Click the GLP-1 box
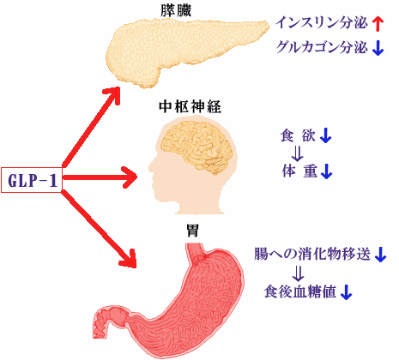pyautogui.click(x=33, y=179)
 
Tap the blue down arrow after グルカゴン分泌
pyautogui.click(x=378, y=49)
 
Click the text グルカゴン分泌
pyautogui.click(x=323, y=49)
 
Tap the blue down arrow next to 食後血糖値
pyautogui.click(x=347, y=292)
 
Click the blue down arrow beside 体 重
pyautogui.click(x=327, y=172)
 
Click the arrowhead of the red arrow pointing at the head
pyautogui.click(x=130, y=178)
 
